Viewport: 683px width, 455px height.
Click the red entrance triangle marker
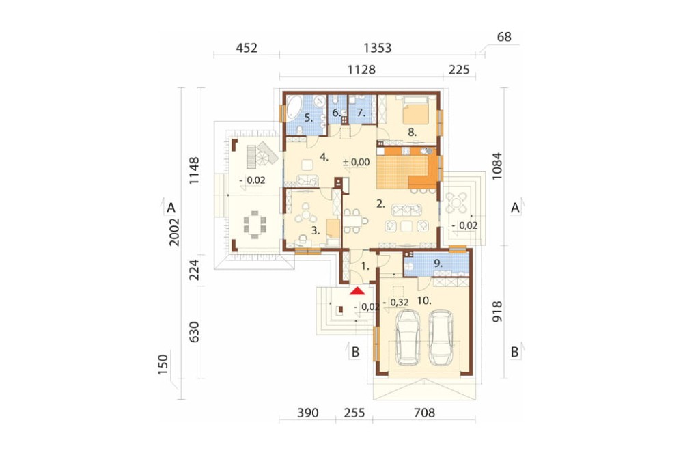357,291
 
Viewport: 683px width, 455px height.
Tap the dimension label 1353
377,48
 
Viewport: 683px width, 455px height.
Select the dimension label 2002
174,232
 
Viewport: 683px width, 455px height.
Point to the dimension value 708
424,412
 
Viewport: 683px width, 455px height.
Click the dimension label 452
247,48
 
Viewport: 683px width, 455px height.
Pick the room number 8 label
412,132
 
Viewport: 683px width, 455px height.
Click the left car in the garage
408,337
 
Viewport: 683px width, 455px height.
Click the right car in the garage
441,337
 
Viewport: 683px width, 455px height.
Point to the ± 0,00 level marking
356,163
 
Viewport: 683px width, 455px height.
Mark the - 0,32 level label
395,302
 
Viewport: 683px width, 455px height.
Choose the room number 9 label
438,263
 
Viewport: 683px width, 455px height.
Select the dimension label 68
504,37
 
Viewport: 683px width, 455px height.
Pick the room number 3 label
316,232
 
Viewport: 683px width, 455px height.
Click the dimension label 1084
497,167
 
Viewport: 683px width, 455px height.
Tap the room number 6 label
336,113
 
